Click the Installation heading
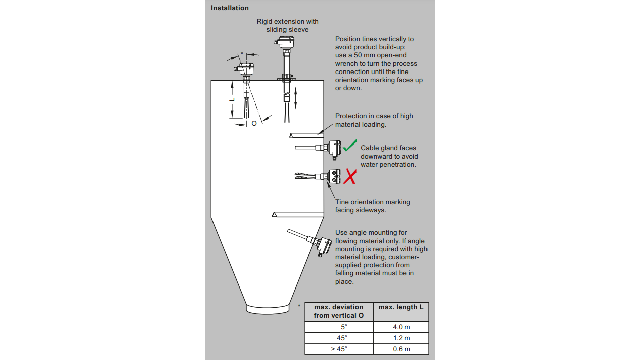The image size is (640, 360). coord(230,8)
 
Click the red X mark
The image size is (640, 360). coord(350,176)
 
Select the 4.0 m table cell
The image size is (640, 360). coord(401,327)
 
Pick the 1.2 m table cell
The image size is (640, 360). coord(401,338)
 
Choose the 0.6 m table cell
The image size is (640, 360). coord(401,349)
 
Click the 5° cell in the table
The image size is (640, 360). coord(338,327)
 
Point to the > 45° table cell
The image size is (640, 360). coord(338,349)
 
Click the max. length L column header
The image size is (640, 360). coord(401,307)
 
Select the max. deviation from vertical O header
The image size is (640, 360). coord(338,311)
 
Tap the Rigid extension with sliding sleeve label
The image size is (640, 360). coord(288,25)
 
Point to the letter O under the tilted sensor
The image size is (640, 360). coord(254,123)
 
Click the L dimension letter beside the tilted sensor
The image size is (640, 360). coord(232,100)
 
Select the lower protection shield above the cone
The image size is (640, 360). coord(297,214)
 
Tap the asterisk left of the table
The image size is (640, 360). coord(299,306)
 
